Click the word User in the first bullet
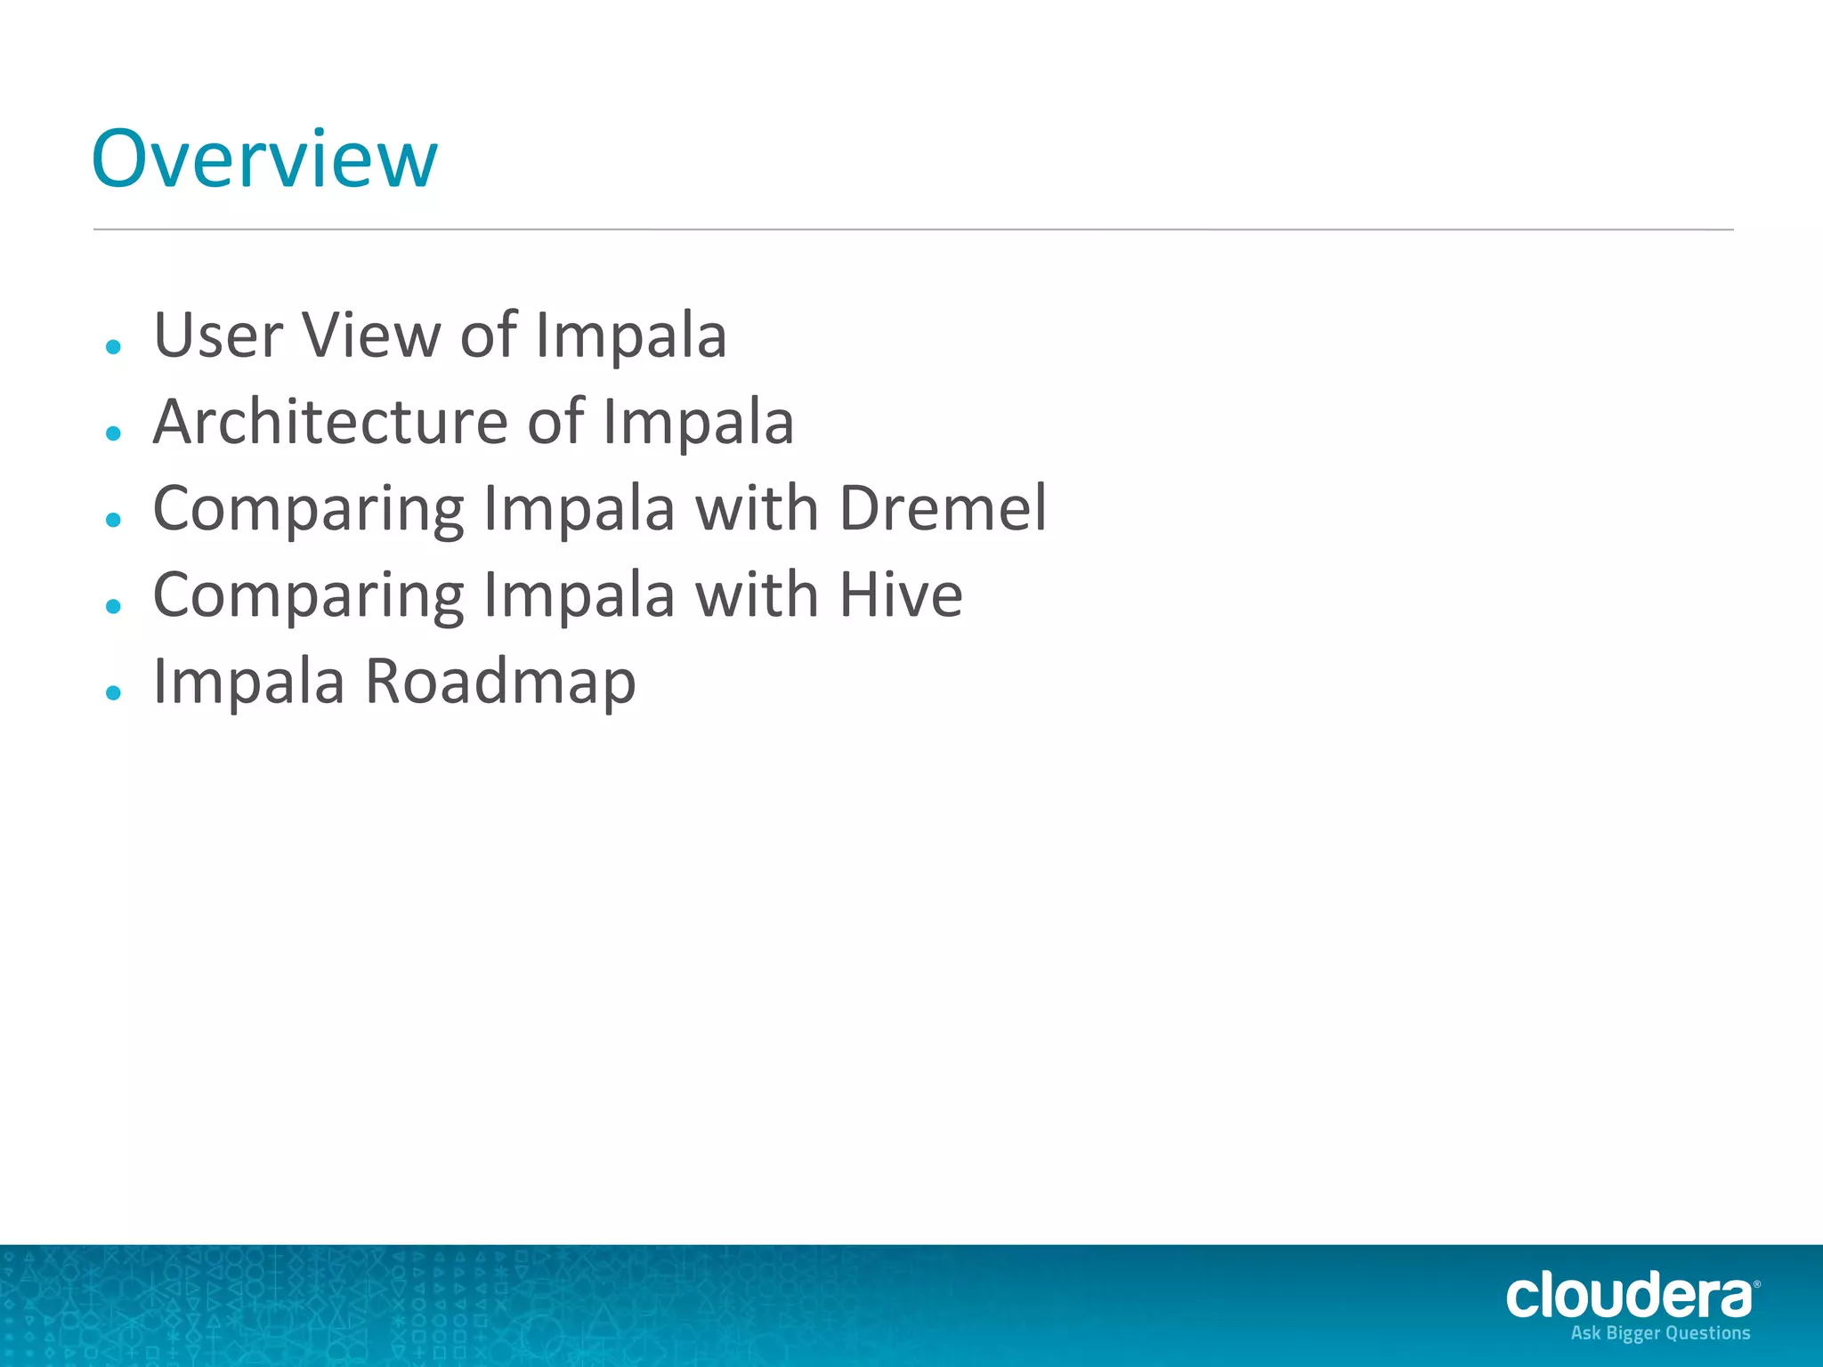point(217,336)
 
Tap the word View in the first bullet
point(371,336)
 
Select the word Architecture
point(330,422)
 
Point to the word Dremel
point(943,508)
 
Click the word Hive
point(901,595)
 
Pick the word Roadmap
point(501,682)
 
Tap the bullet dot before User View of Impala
point(113,346)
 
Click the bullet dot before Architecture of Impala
point(113,433)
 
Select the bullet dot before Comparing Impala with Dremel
point(113,520)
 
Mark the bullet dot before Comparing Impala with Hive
point(113,606)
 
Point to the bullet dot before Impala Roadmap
point(113,692)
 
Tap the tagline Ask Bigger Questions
point(1660,1333)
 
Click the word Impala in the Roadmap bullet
point(249,682)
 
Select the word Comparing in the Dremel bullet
point(309,510)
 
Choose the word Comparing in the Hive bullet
point(309,596)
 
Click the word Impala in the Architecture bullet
point(698,422)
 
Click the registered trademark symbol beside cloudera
point(1756,1284)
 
